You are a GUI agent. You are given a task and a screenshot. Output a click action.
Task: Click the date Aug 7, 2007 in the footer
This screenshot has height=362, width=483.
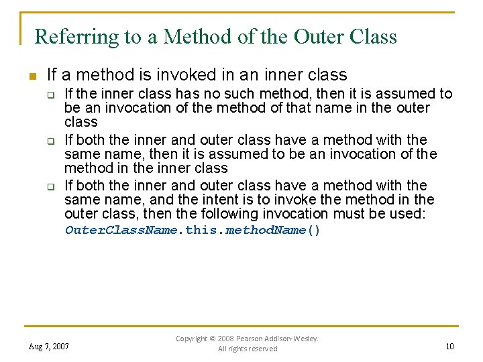[x=49, y=347]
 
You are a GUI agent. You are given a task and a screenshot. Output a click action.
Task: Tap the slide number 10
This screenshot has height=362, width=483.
[x=449, y=346]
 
